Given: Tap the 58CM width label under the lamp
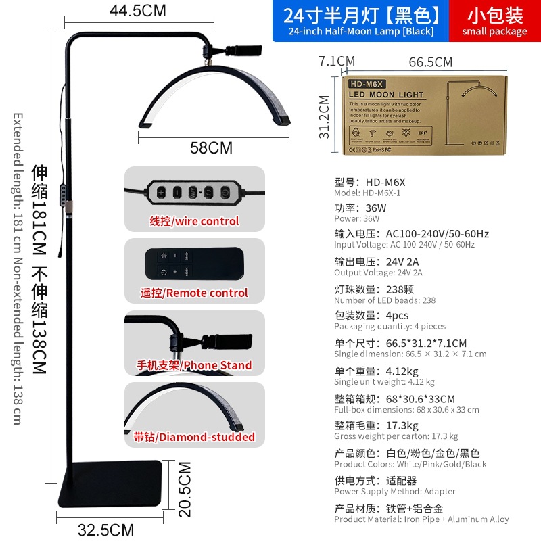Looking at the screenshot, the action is [211, 147].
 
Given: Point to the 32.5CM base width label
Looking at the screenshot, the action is [106, 530].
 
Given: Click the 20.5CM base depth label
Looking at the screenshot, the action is [184, 489].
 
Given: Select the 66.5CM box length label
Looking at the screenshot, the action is [431, 62].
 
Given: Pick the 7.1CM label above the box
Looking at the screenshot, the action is [337, 62].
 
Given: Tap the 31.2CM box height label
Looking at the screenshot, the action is [325, 116].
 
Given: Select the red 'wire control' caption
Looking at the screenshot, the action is [194, 221].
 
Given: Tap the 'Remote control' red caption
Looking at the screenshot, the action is [194, 293].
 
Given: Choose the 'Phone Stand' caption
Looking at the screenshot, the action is [194, 365].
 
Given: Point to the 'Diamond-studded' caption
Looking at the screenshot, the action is [194, 437].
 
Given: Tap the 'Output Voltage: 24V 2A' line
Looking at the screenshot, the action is [378, 273].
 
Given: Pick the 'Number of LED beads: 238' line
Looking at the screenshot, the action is [385, 300].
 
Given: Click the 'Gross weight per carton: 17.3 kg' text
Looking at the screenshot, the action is [396, 436].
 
